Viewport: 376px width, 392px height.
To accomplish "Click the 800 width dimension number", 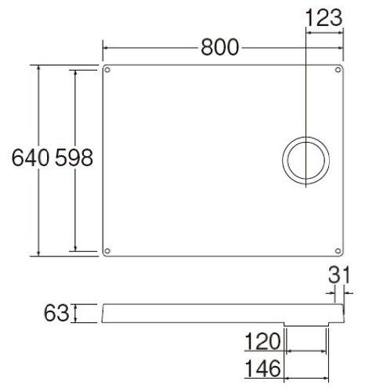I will [x=219, y=47].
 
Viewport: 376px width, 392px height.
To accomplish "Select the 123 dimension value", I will [x=323, y=17].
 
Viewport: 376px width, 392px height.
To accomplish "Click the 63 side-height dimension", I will [x=57, y=314].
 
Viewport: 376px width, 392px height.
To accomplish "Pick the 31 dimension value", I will [x=338, y=277].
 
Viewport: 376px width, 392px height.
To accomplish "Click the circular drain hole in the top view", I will [x=304, y=160].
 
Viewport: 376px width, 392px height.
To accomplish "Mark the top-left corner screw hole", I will [x=108, y=71].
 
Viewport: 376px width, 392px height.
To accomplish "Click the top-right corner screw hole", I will [x=339, y=71].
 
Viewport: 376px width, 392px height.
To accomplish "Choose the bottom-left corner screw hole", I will [x=108, y=251].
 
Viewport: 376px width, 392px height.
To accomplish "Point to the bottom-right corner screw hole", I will [x=339, y=251].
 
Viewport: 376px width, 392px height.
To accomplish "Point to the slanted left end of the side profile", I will [x=103, y=314].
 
